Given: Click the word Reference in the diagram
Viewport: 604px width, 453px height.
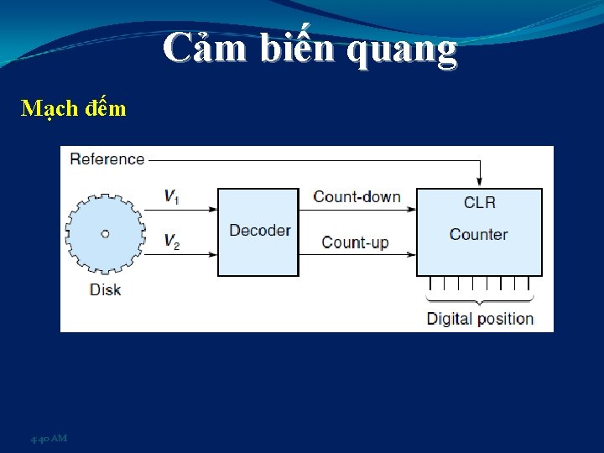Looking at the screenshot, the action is [107, 159].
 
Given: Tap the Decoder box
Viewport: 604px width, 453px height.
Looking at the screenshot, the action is [258, 231].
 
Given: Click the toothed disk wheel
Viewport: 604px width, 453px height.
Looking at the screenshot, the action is [105, 234].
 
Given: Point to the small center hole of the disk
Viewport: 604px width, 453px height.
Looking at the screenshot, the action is [105, 234].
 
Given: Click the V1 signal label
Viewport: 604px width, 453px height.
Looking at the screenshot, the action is [171, 196].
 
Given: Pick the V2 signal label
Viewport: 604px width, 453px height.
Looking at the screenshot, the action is [171, 242].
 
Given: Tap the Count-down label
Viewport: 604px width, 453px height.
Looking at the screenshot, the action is [357, 197].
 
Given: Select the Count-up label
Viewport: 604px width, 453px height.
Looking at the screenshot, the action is [355, 242].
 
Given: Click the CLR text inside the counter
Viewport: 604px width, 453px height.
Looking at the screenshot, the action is [479, 202].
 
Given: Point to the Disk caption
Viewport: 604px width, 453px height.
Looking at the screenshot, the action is [105, 289].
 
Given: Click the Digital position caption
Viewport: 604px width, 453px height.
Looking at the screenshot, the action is [480, 319].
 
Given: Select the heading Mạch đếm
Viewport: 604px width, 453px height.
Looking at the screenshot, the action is [74, 108].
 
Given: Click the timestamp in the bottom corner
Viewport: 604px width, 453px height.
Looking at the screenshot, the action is [49, 439].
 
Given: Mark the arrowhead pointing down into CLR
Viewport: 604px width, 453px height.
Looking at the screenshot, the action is [479, 181].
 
